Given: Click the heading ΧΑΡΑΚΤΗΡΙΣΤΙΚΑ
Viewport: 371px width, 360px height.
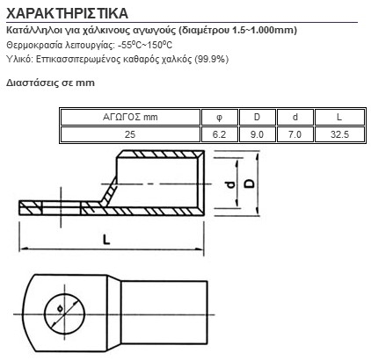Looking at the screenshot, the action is click(67, 13).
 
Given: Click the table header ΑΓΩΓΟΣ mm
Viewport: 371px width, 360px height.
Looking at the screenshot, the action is click(130, 117).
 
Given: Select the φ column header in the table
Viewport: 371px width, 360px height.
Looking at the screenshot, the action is click(219, 118).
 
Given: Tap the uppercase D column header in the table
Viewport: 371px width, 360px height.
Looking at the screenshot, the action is click(257, 117).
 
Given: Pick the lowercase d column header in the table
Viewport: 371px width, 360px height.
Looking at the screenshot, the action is click(295, 117).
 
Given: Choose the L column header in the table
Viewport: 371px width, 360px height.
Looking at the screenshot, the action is click(339, 117).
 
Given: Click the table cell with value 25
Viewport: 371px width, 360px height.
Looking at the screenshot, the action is click(130, 134).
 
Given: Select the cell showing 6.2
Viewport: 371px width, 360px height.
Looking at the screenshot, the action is click(219, 134).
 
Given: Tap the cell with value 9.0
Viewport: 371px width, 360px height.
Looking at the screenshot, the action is click(257, 134).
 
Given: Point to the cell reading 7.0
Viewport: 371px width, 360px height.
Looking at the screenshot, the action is click(295, 134).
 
